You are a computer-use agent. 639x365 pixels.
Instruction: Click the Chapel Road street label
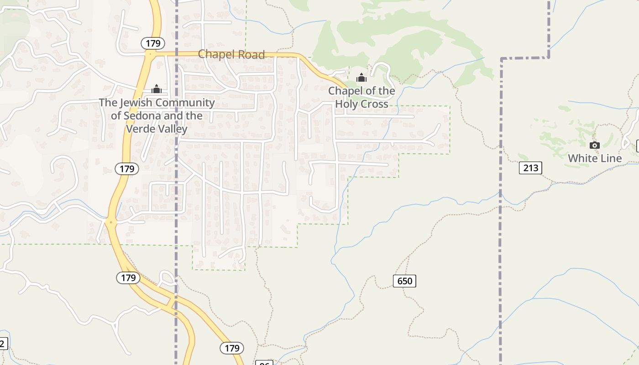click(231, 55)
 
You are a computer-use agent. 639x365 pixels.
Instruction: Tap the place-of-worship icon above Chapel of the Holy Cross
click(361, 78)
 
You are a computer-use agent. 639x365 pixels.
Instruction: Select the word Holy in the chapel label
click(348, 104)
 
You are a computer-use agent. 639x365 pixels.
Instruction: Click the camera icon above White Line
click(594, 145)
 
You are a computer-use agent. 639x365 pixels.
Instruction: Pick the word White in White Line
click(582, 158)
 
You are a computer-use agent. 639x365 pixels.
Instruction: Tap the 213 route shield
click(530, 168)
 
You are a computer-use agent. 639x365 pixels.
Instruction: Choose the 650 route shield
click(404, 281)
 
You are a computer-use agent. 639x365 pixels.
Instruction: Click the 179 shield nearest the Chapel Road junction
click(153, 43)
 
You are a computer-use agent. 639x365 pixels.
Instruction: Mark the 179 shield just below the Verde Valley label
click(126, 169)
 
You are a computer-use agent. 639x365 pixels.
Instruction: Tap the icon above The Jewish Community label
click(157, 89)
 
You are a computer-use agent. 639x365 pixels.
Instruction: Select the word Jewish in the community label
click(136, 103)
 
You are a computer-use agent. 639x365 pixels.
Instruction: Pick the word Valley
click(170, 129)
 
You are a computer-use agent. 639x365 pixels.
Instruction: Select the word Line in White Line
click(610, 158)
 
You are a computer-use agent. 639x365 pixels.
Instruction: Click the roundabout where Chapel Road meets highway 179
click(150, 53)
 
